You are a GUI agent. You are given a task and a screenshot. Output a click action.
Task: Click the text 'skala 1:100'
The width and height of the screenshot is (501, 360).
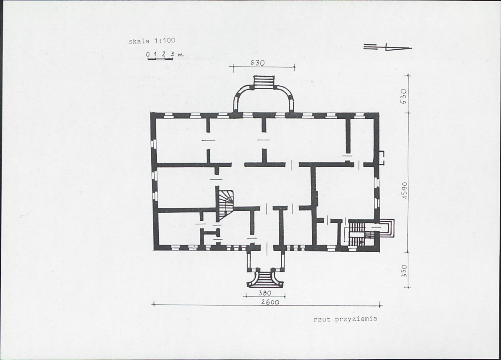pos(152,41)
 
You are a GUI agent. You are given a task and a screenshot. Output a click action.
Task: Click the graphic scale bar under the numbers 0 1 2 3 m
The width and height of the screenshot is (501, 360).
pos(160,59)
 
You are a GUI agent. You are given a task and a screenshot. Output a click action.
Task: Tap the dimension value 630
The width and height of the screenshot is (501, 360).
pos(257,63)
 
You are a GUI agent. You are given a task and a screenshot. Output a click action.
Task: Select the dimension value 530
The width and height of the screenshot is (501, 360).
pos(404,96)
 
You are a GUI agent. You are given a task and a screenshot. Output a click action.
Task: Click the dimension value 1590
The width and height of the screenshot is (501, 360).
pos(404,191)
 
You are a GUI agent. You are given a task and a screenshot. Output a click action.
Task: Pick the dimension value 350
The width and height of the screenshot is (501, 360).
pos(404,271)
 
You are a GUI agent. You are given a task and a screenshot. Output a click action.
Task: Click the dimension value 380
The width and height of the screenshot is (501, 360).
pos(264,293)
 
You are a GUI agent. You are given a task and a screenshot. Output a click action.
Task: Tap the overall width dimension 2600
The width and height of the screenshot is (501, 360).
pos(270,302)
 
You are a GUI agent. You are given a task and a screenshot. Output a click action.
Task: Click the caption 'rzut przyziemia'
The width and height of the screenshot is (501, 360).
pos(346,319)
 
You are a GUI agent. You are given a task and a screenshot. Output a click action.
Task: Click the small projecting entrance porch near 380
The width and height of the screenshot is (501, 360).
pos(265,260)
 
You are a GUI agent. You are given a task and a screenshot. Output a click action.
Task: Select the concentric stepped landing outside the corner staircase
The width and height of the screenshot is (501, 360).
pos(387,228)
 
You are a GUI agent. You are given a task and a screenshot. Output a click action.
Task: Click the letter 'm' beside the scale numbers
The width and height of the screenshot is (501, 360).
pos(181,54)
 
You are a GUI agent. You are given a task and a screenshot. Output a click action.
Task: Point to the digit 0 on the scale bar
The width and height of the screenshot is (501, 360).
pos(148,54)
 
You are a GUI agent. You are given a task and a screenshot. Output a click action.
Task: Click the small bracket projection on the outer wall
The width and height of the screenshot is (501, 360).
pos(381,158)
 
